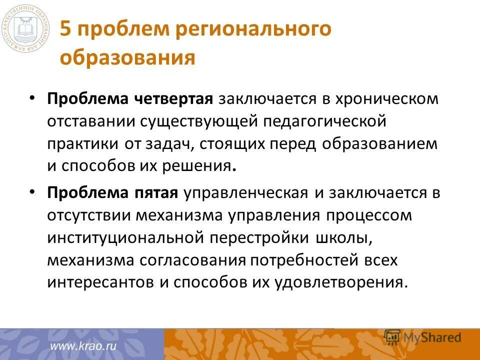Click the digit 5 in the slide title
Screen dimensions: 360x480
[x=65, y=29]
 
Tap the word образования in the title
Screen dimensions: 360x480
[x=127, y=57]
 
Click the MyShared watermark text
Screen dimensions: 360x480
[x=432, y=337]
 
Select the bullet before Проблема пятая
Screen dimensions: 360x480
[x=32, y=192]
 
